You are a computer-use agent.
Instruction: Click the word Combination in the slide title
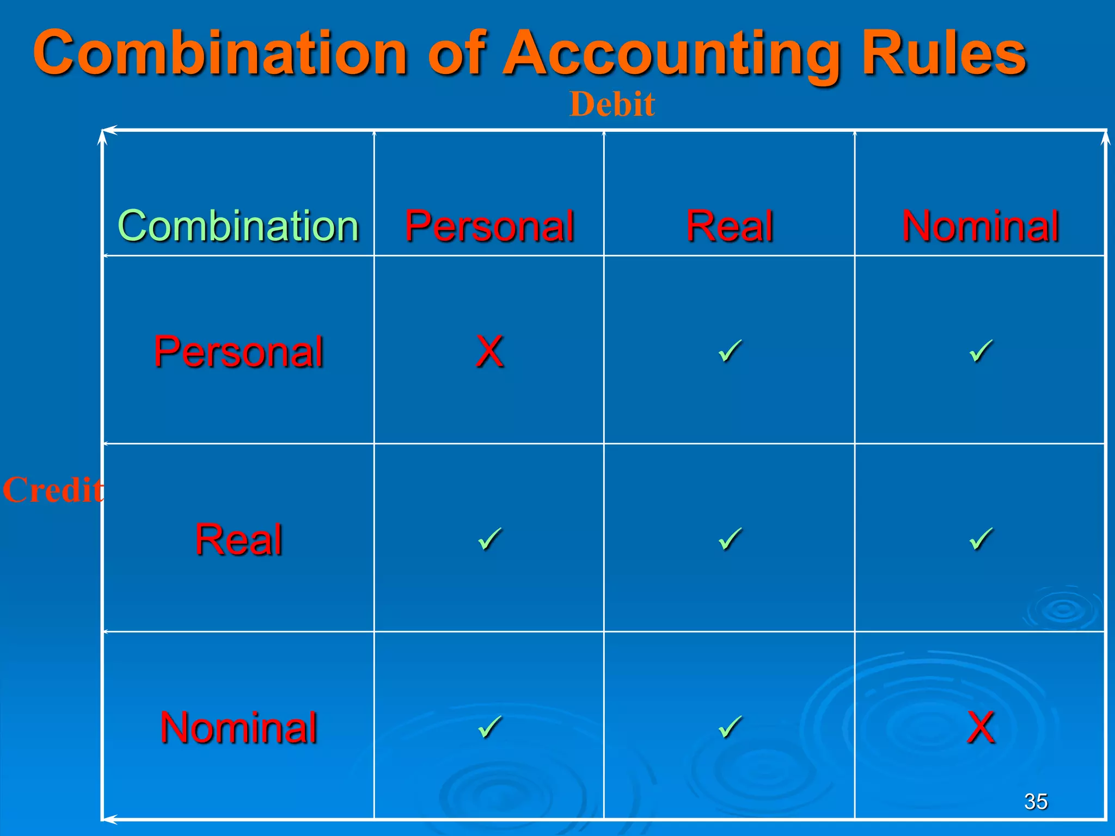pyautogui.click(x=220, y=53)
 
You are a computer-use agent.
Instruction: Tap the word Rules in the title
pyautogui.click(x=944, y=53)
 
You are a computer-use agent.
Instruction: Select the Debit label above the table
pyautogui.click(x=612, y=104)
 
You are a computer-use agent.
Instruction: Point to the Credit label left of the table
pyautogui.click(x=53, y=489)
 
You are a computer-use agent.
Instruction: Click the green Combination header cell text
pyautogui.click(x=238, y=225)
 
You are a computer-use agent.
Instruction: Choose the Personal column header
pyautogui.click(x=489, y=225)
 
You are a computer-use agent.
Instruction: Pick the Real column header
pyautogui.click(x=730, y=225)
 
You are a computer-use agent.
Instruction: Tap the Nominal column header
pyautogui.click(x=981, y=225)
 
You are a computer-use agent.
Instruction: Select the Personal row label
pyautogui.click(x=238, y=351)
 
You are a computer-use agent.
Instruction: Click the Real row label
pyautogui.click(x=238, y=539)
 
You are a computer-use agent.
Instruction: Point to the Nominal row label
pyautogui.click(x=238, y=727)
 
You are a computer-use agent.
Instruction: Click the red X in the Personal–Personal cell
pyautogui.click(x=489, y=351)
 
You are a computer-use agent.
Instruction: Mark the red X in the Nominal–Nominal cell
pyautogui.click(x=981, y=727)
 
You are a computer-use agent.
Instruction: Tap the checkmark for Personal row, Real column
pyautogui.click(x=730, y=351)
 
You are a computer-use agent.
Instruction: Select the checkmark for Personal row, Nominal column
pyautogui.click(x=981, y=351)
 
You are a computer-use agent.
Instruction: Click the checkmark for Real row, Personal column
pyautogui.click(x=489, y=539)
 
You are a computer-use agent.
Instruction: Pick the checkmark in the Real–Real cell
pyautogui.click(x=730, y=539)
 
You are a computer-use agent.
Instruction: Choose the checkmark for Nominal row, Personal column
pyautogui.click(x=489, y=727)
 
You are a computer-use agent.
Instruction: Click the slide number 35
pyautogui.click(x=1036, y=801)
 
